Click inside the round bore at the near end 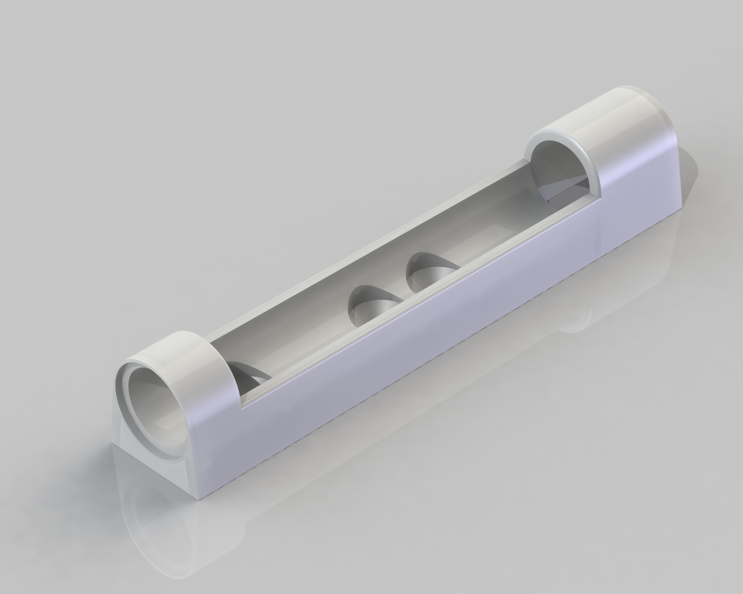155,410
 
